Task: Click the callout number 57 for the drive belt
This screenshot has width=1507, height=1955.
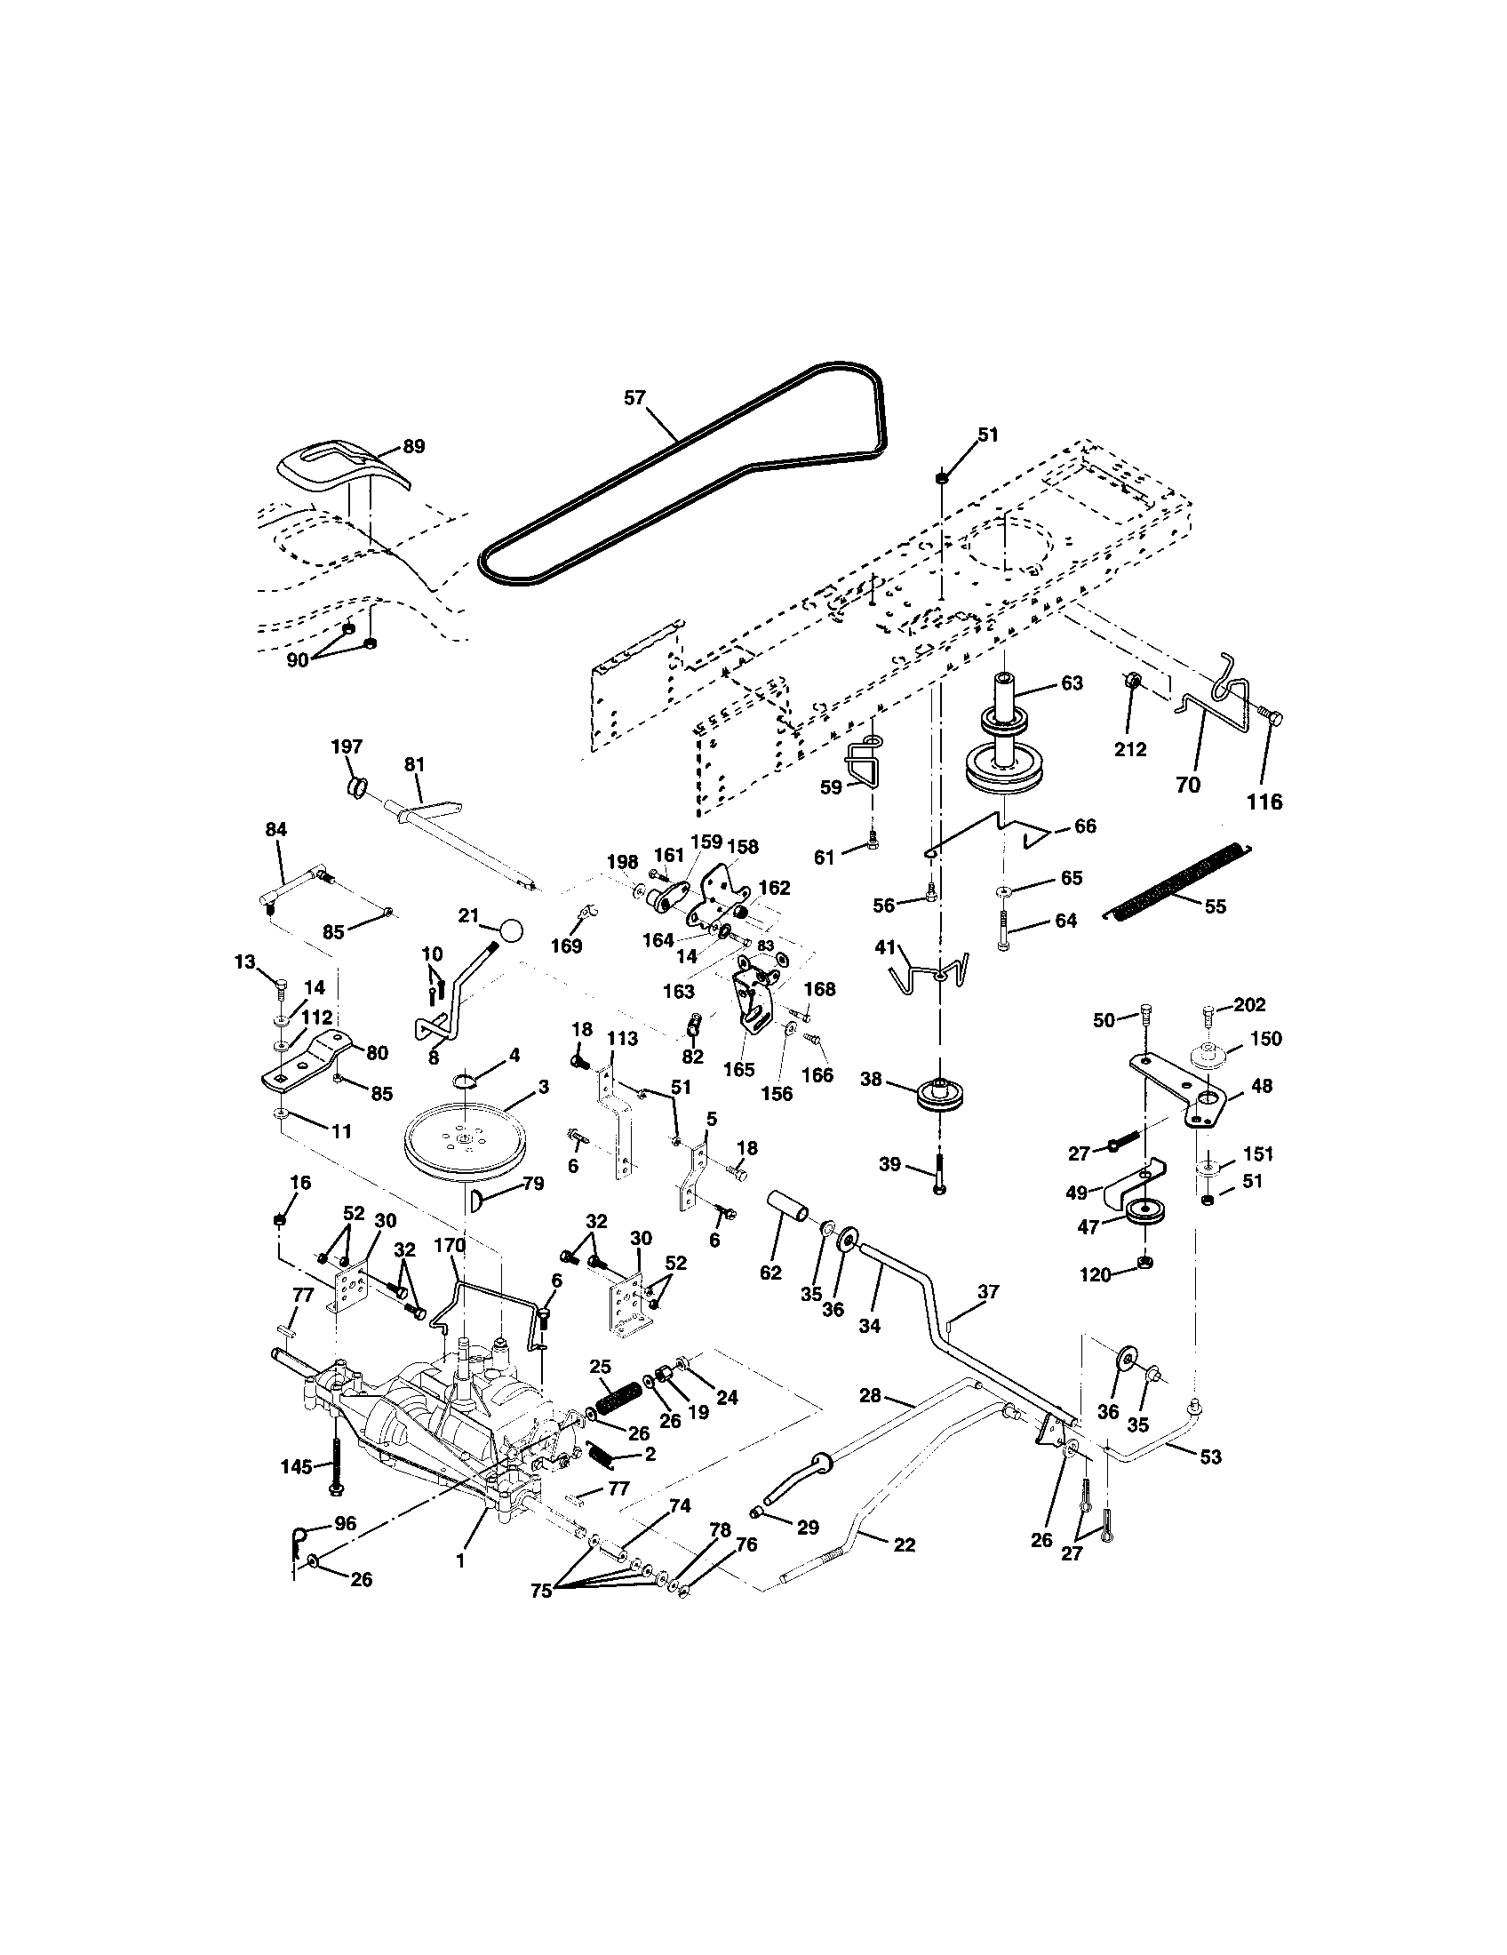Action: pyautogui.click(x=634, y=398)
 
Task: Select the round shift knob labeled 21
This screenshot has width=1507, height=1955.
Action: pyautogui.click(x=512, y=930)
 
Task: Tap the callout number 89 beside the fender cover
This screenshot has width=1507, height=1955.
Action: pyautogui.click(x=413, y=446)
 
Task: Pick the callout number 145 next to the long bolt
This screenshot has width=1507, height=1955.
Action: pyautogui.click(x=295, y=1466)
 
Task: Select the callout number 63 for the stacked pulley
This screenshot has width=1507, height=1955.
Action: pyautogui.click(x=1072, y=683)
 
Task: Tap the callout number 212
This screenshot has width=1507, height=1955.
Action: pyautogui.click(x=1129, y=749)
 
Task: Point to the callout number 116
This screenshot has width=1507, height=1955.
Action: pyautogui.click(x=1264, y=802)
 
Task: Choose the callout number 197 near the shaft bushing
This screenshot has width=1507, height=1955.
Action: pyautogui.click(x=347, y=746)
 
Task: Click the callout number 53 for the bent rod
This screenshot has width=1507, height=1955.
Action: pyautogui.click(x=1210, y=1456)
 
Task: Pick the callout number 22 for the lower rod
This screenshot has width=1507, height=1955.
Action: pyautogui.click(x=904, y=1544)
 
